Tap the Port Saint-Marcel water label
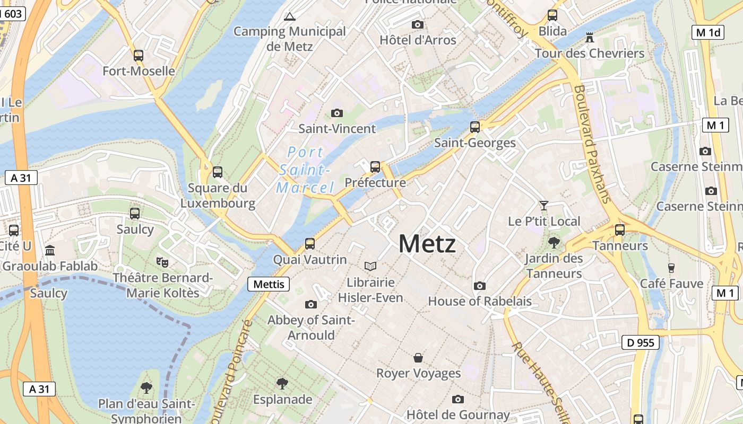[305, 170]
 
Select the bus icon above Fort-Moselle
[139, 55]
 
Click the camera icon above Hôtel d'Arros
[418, 24]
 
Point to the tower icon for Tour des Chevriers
[589, 38]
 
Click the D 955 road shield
[640, 342]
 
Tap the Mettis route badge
[269, 284]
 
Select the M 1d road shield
[708, 32]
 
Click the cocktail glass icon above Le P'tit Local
[543, 206]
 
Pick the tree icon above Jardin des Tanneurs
[554, 243]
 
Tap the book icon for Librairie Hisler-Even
[370, 266]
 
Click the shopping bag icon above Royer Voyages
[418, 358]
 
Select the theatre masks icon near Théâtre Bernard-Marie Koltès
[162, 262]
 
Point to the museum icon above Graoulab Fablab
[50, 250]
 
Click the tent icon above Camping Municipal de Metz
[289, 16]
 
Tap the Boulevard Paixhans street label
[593, 144]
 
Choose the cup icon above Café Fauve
[671, 268]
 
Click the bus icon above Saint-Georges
[475, 127]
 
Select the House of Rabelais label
[480, 301]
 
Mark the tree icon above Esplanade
[282, 383]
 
